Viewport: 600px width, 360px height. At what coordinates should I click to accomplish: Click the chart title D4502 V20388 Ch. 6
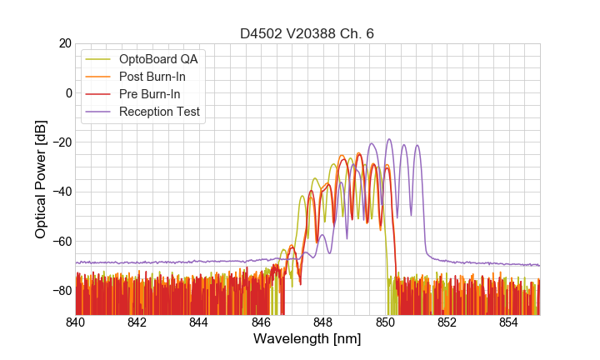point(307,33)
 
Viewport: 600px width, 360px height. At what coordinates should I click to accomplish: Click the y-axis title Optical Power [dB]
point(41,179)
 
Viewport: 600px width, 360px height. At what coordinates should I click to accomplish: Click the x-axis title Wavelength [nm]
point(307,339)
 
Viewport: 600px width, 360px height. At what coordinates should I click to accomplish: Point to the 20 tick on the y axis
point(63,43)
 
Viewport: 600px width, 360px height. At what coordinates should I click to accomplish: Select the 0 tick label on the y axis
point(67,92)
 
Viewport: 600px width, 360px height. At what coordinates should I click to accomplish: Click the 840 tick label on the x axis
point(76,322)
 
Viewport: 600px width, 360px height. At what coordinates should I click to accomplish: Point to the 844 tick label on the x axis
point(199,322)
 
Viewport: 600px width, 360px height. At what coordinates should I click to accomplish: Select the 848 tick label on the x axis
point(323,322)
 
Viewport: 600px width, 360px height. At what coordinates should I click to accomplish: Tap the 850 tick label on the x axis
point(385,322)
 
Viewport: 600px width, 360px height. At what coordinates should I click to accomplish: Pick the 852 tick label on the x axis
point(447,322)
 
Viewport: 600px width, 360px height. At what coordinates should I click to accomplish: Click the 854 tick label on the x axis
point(509,322)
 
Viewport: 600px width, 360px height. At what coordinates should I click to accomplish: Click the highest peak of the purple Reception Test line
point(388,140)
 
